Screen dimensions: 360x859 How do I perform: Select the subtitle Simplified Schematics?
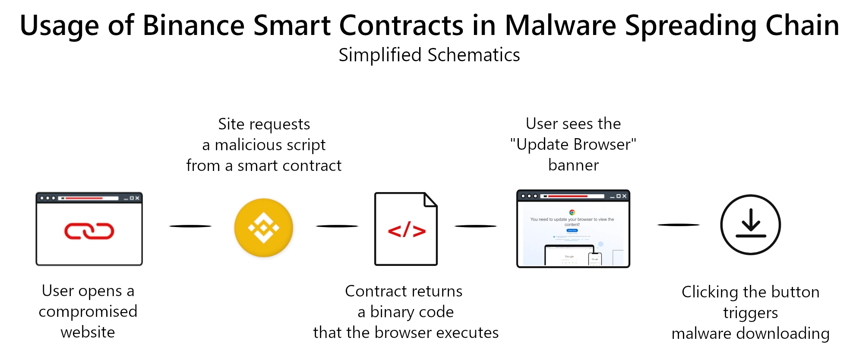429,55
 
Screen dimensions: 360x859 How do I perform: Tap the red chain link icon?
89,231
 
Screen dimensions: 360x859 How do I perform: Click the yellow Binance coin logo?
264,227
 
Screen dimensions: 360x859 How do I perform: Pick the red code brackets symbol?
407,231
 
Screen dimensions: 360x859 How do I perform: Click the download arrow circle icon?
750,225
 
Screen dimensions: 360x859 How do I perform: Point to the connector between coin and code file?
337,226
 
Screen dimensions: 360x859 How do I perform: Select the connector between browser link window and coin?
190,226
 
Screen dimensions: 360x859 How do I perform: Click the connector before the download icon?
678,225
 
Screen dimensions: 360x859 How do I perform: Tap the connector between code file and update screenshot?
476,226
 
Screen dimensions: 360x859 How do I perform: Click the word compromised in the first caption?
88,312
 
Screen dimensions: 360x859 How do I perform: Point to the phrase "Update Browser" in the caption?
573,145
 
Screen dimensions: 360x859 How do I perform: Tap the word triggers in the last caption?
750,313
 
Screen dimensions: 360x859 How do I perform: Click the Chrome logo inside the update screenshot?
572,212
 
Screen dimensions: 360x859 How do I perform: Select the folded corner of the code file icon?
430,199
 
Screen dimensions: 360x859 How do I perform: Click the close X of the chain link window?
137,198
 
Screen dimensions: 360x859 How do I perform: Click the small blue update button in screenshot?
572,231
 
